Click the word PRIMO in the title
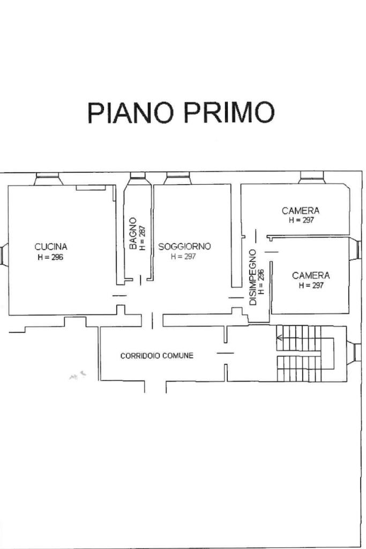[x=230, y=113]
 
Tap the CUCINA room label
[x=51, y=247]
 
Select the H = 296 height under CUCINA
[x=51, y=257]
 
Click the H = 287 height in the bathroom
[x=142, y=238]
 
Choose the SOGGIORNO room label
[x=184, y=246]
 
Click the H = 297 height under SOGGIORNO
[x=184, y=257]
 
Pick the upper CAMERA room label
[x=301, y=211]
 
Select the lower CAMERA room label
[x=311, y=275]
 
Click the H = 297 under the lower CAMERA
[x=311, y=286]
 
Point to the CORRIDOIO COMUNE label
[x=156, y=356]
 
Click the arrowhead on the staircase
[x=279, y=338]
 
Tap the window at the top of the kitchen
[x=48, y=179]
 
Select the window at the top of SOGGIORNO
[x=177, y=178]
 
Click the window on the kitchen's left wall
[x=4, y=254]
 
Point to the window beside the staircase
[x=355, y=353]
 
